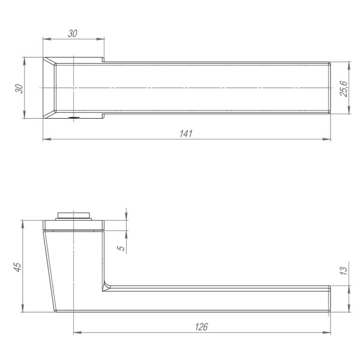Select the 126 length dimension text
202,326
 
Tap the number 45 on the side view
17,267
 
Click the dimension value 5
121,247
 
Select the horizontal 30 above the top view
73,34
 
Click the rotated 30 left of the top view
19,88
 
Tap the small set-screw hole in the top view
73,118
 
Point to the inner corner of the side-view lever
106,286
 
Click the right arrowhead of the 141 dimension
329,140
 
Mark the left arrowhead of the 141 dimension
46,140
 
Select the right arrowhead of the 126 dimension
329,333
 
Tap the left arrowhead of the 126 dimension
76,333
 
